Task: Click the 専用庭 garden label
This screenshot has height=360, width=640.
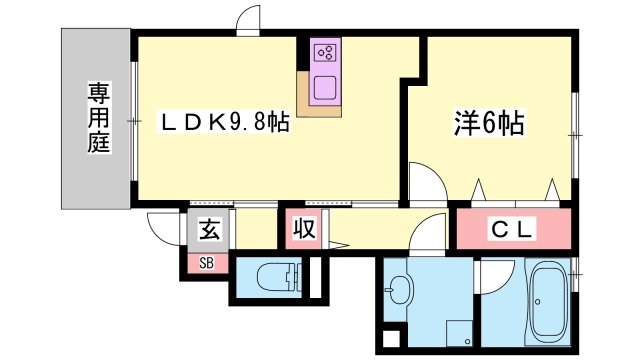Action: [x=97, y=117]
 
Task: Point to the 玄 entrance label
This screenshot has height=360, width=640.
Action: [x=207, y=229]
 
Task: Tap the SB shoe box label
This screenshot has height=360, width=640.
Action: [x=206, y=264]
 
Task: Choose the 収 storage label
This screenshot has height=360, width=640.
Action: [x=303, y=230]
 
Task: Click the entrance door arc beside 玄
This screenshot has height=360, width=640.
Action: [x=162, y=226]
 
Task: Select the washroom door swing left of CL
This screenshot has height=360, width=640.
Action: [x=430, y=232]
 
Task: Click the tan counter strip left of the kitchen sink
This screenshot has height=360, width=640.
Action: [x=303, y=95]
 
